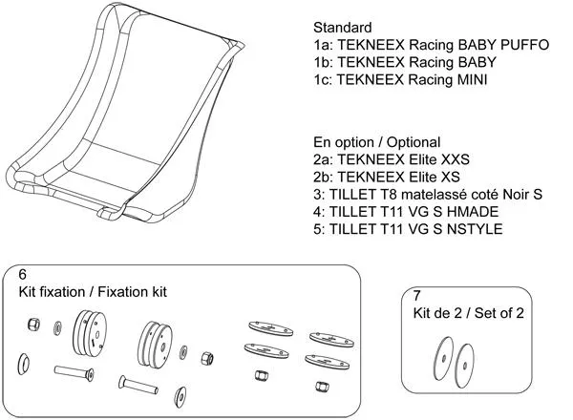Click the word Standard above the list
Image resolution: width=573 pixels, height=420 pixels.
pyautogui.click(x=343, y=28)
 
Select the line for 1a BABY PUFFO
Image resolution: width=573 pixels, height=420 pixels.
pyautogui.click(x=432, y=45)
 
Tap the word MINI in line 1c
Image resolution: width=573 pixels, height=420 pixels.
pyautogui.click(x=473, y=79)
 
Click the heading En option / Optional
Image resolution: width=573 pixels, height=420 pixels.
pyautogui.click(x=377, y=142)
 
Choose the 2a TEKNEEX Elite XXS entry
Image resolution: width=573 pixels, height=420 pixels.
pyautogui.click(x=392, y=159)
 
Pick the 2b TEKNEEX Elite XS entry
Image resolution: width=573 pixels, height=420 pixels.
pyautogui.click(x=387, y=177)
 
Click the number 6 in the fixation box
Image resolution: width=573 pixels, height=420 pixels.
pyautogui.click(x=23, y=274)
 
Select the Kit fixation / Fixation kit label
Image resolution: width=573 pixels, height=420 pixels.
pyautogui.click(x=93, y=292)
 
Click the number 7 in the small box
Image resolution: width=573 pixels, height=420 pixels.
pyautogui.click(x=417, y=295)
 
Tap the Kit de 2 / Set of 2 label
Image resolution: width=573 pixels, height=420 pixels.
pyautogui.click(x=468, y=313)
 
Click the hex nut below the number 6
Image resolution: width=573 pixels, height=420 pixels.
pyautogui.click(x=34, y=324)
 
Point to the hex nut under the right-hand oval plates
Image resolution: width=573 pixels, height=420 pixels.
pyautogui.click(x=321, y=386)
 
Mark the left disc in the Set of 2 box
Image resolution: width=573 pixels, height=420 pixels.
pyautogui.click(x=443, y=358)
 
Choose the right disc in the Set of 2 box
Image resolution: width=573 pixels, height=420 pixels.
pyautogui.click(x=464, y=366)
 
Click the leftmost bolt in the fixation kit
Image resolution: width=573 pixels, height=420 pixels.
pyautogui.click(x=74, y=372)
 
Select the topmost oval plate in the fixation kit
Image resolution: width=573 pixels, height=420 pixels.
pyautogui.click(x=271, y=328)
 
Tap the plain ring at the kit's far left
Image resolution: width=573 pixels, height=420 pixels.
pyautogui.click(x=23, y=364)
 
